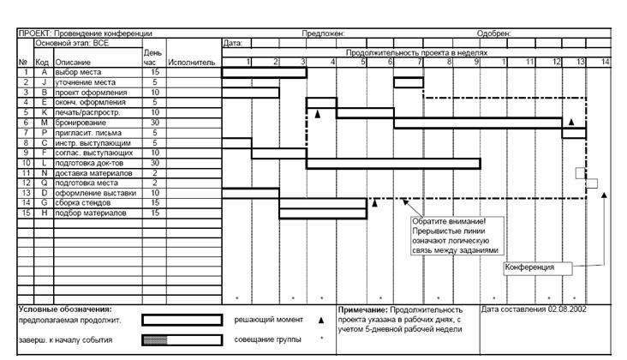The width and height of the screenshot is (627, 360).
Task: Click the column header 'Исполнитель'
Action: pos(192,63)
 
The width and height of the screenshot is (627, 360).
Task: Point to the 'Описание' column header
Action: pos(73,63)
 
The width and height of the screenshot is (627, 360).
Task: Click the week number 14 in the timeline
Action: pos(605,63)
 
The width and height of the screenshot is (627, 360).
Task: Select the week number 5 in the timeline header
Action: pos(362,63)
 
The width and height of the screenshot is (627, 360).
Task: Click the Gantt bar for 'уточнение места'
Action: pos(409,83)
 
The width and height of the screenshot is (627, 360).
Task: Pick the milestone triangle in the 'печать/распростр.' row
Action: pos(317,113)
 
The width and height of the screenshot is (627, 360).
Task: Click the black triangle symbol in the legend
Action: pos(321,320)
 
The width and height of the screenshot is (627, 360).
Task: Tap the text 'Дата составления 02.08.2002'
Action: pos(534,309)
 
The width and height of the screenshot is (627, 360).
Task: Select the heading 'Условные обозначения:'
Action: pos(66,309)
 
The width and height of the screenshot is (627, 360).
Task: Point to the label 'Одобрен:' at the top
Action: pos(493,33)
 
